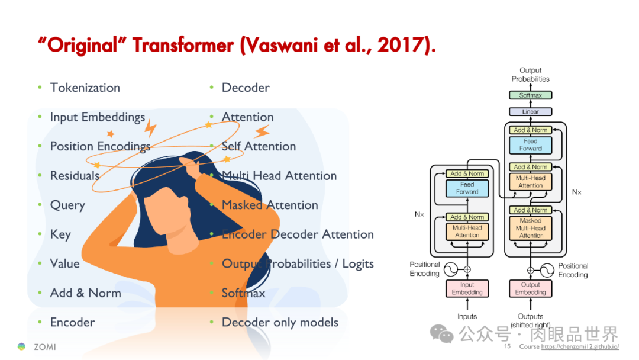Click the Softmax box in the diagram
click(530, 95)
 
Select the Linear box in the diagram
click(530, 111)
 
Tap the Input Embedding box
click(467, 288)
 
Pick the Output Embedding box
click(530, 288)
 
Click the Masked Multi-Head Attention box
click(530, 228)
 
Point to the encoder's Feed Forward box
click(467, 188)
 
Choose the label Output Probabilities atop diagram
click(530, 75)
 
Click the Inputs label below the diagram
click(467, 316)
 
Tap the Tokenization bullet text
click(85, 88)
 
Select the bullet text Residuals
click(75, 176)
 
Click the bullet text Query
click(67, 205)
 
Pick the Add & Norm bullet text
click(85, 293)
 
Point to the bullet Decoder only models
click(280, 323)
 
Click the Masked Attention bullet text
click(270, 205)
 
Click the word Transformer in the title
click(183, 46)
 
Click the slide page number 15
click(507, 346)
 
